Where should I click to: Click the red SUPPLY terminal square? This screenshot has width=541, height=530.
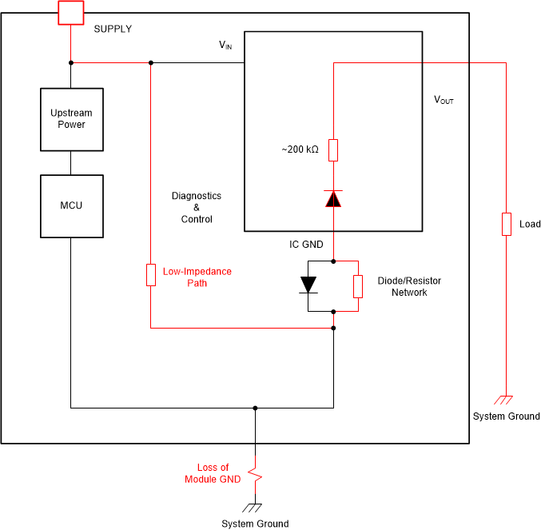[x=71, y=12]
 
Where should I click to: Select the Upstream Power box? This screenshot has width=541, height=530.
[x=71, y=119]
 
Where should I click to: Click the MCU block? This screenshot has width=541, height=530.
[x=71, y=206]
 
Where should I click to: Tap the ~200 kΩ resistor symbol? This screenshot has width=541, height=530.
[x=333, y=149]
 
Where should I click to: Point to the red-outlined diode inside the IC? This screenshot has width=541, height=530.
[x=333, y=198]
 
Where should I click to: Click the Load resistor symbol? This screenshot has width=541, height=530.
[x=506, y=224]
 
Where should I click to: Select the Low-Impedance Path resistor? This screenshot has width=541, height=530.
[x=151, y=275]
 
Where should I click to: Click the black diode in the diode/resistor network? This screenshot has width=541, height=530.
[x=308, y=285]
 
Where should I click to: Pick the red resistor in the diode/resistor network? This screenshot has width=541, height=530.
[x=358, y=285]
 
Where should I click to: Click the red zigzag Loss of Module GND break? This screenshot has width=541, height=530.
[x=255, y=474]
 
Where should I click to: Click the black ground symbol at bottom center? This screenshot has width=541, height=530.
[x=255, y=508]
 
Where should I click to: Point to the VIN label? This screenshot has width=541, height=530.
[x=225, y=46]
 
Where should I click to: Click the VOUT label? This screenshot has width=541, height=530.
[x=443, y=100]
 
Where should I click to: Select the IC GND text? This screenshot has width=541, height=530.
[x=306, y=244]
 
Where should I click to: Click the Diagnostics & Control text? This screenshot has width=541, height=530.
[x=197, y=207]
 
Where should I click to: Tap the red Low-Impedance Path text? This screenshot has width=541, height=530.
[x=197, y=277]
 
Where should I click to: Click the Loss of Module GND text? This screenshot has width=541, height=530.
[x=213, y=473]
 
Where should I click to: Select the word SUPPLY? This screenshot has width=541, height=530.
[x=113, y=29]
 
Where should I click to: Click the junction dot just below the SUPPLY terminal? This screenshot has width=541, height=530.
[x=71, y=62]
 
